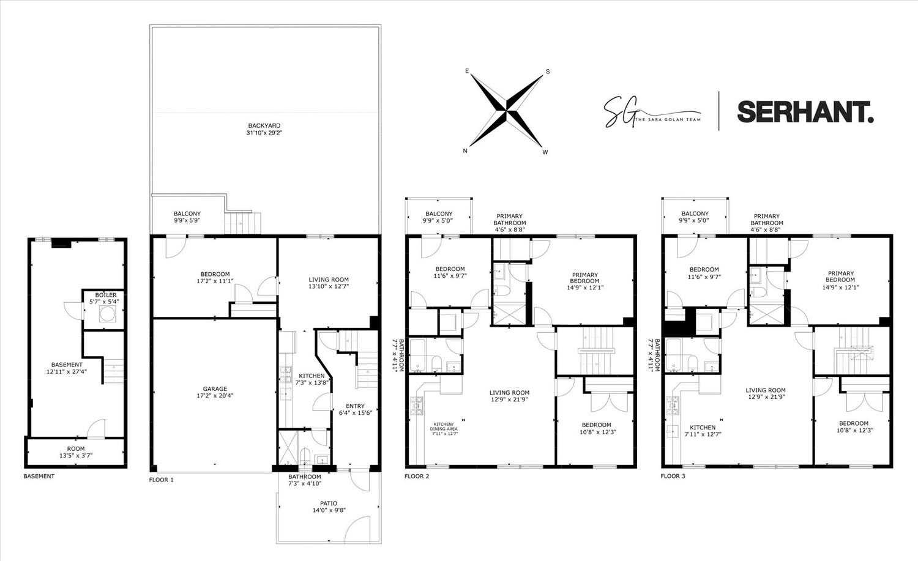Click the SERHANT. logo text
[x=805, y=111]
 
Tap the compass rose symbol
[x=507, y=111]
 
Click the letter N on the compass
[x=466, y=150]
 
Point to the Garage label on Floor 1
[x=215, y=389]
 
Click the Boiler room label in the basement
[x=105, y=295]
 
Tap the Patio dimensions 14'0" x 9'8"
[x=328, y=510]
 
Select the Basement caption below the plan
[x=39, y=476]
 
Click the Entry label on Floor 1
[x=355, y=406]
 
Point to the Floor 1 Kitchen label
[x=312, y=376]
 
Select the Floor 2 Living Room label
[x=509, y=393]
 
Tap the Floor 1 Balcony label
[x=187, y=214]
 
